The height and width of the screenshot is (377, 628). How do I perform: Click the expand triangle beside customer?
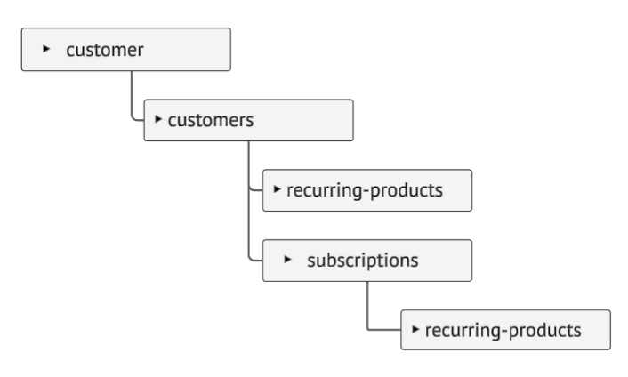click(46, 49)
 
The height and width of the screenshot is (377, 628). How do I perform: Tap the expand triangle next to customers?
click(158, 119)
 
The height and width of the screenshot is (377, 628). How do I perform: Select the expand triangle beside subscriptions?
click(287, 259)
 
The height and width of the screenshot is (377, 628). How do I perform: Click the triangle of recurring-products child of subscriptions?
click(415, 329)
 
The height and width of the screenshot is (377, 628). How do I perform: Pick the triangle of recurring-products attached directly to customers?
click(277, 188)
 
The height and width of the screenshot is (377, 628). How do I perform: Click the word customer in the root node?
click(105, 51)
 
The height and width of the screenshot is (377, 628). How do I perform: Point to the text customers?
click(211, 120)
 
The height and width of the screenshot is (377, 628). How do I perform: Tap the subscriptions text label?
click(363, 261)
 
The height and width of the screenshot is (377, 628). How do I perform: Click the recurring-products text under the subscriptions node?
click(503, 331)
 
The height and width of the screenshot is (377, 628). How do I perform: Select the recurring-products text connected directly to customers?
click(365, 191)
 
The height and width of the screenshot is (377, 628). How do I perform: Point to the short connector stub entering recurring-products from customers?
click(256, 190)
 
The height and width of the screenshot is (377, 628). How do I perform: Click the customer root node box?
click(126, 50)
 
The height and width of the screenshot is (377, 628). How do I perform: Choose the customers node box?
click(249, 120)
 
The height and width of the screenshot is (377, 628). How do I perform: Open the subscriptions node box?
click(367, 261)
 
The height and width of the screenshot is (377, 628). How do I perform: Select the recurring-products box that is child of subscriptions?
click(506, 330)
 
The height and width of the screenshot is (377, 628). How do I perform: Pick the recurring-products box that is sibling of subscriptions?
click(367, 190)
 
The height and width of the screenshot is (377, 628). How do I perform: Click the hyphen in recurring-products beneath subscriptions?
click(504, 332)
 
